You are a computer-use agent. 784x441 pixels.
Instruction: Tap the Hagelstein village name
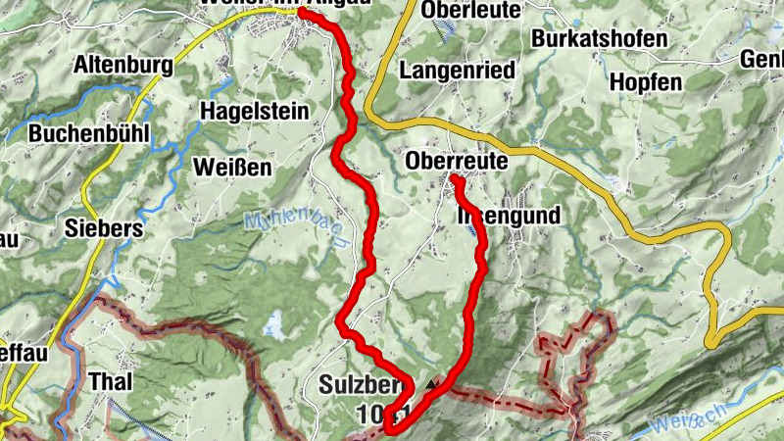click(255, 111)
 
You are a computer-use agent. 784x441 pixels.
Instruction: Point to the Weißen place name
click(232, 166)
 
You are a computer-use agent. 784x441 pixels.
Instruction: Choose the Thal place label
click(110, 380)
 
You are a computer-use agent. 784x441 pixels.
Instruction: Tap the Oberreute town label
click(457, 160)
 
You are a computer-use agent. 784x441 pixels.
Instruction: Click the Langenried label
click(458, 70)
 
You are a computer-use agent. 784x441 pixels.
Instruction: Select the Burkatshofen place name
click(599, 39)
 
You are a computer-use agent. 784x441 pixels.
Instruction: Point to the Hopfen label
click(645, 82)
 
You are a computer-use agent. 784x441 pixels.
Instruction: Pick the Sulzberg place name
click(359, 386)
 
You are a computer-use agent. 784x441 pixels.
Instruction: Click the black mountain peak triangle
click(432, 383)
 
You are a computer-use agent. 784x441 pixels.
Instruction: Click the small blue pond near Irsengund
click(474, 230)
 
